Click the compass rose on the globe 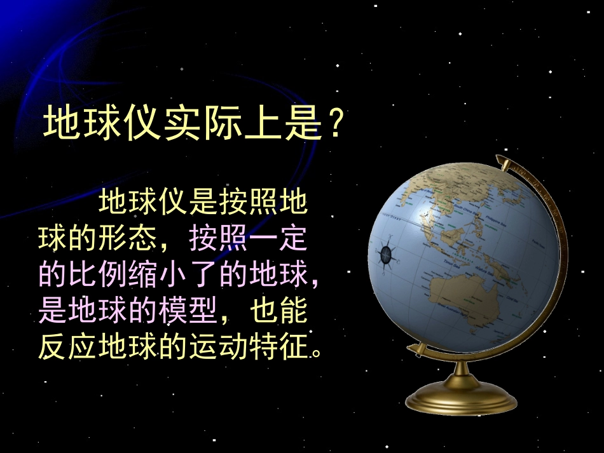387,254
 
